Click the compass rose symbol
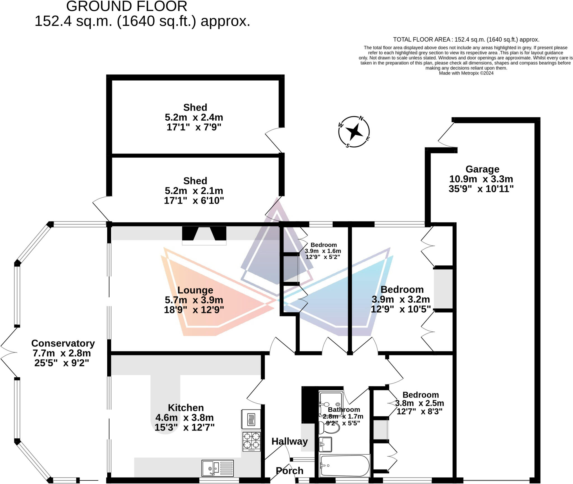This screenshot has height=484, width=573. pos(354,132)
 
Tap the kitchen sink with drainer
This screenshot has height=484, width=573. pos(217,468)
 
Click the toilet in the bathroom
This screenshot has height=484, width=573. pos(329,427)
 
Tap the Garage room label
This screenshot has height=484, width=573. pos(482,169)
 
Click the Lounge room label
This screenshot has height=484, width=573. pos(195,290)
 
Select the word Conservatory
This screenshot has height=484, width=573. pos(63,343)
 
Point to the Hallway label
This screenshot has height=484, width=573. pos(290,441)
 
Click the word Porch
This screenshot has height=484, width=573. pos(290,471)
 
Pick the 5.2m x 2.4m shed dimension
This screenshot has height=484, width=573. pos(194,117)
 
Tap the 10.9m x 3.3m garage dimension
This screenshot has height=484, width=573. pos(481,179)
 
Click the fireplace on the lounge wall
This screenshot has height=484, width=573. pos(204,235)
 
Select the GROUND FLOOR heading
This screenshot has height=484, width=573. pos(126,6)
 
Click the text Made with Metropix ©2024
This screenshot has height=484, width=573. pos(466,73)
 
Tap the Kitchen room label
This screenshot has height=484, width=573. pos(186,408)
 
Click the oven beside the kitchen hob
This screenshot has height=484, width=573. pos(251,419)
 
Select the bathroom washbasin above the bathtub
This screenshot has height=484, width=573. pos(325,444)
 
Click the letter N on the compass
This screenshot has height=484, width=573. pos(361,118)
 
